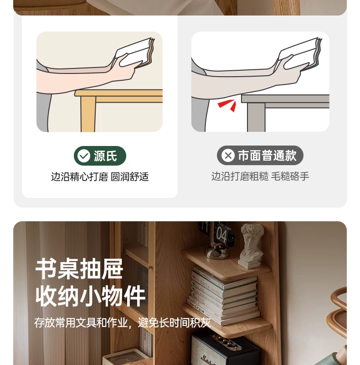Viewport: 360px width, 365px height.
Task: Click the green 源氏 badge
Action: point(100,156)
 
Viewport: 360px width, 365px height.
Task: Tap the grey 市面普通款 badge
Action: point(260,155)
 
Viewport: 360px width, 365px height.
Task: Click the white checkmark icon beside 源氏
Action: point(84,156)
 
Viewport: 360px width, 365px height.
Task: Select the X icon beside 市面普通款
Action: point(228,155)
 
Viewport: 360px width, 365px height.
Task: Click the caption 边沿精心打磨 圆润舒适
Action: point(100,177)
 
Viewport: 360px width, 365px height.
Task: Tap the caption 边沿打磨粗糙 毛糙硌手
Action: point(260,176)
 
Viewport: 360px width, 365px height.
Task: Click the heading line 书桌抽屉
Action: point(79,269)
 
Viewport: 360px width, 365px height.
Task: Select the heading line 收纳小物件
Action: point(90,296)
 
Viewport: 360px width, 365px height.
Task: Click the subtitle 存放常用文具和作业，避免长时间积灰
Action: point(123,323)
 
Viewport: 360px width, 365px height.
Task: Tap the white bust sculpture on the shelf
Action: point(252,245)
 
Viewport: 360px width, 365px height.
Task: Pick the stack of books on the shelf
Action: point(224,296)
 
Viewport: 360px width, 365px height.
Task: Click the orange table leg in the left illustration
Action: point(88,114)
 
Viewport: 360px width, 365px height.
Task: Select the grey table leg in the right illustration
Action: point(256,117)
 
